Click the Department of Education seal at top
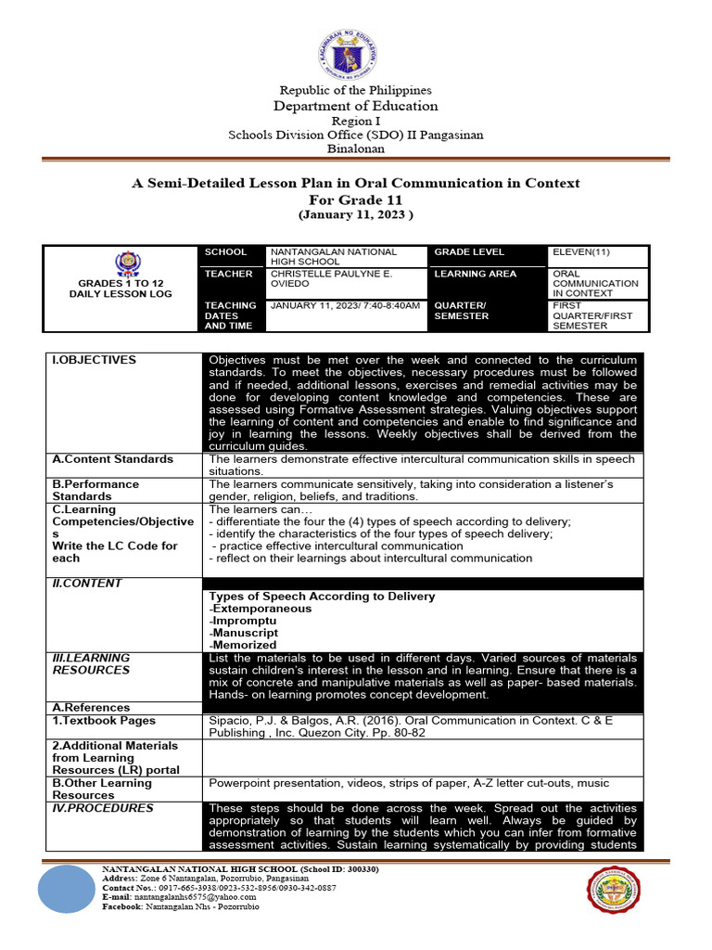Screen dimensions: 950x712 coord(356,43)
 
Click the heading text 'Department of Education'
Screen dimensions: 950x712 coord(356,106)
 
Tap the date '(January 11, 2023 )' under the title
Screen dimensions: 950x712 coord(356,215)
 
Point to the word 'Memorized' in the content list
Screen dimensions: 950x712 coord(245,645)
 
